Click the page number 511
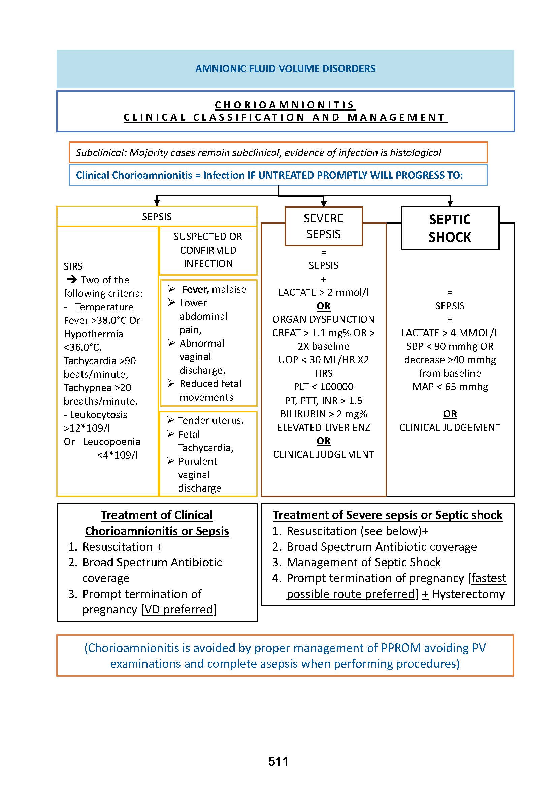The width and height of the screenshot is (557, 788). pos(278,762)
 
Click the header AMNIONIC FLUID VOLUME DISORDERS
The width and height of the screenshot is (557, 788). pos(285,69)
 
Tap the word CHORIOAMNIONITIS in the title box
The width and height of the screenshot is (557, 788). pos(285,105)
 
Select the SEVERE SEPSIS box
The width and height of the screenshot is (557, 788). pos(323,226)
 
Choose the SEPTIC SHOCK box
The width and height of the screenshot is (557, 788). pos(450,228)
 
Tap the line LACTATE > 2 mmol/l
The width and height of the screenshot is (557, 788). pos(323,292)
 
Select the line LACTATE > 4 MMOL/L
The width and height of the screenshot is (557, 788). pos(450,333)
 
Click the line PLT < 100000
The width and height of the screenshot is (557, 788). pos(323,387)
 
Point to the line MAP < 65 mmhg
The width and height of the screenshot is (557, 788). pos(450,387)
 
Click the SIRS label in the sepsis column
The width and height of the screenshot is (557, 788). pos(73,266)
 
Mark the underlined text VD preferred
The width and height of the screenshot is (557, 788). pos(179,609)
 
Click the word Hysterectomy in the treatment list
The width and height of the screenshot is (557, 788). pos(468,594)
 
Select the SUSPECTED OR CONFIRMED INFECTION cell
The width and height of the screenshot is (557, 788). pos(208,250)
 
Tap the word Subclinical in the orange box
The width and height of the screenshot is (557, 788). pos(101,152)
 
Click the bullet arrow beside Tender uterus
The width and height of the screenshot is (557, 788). pos(170,420)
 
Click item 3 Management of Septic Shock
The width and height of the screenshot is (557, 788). pos(363,563)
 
